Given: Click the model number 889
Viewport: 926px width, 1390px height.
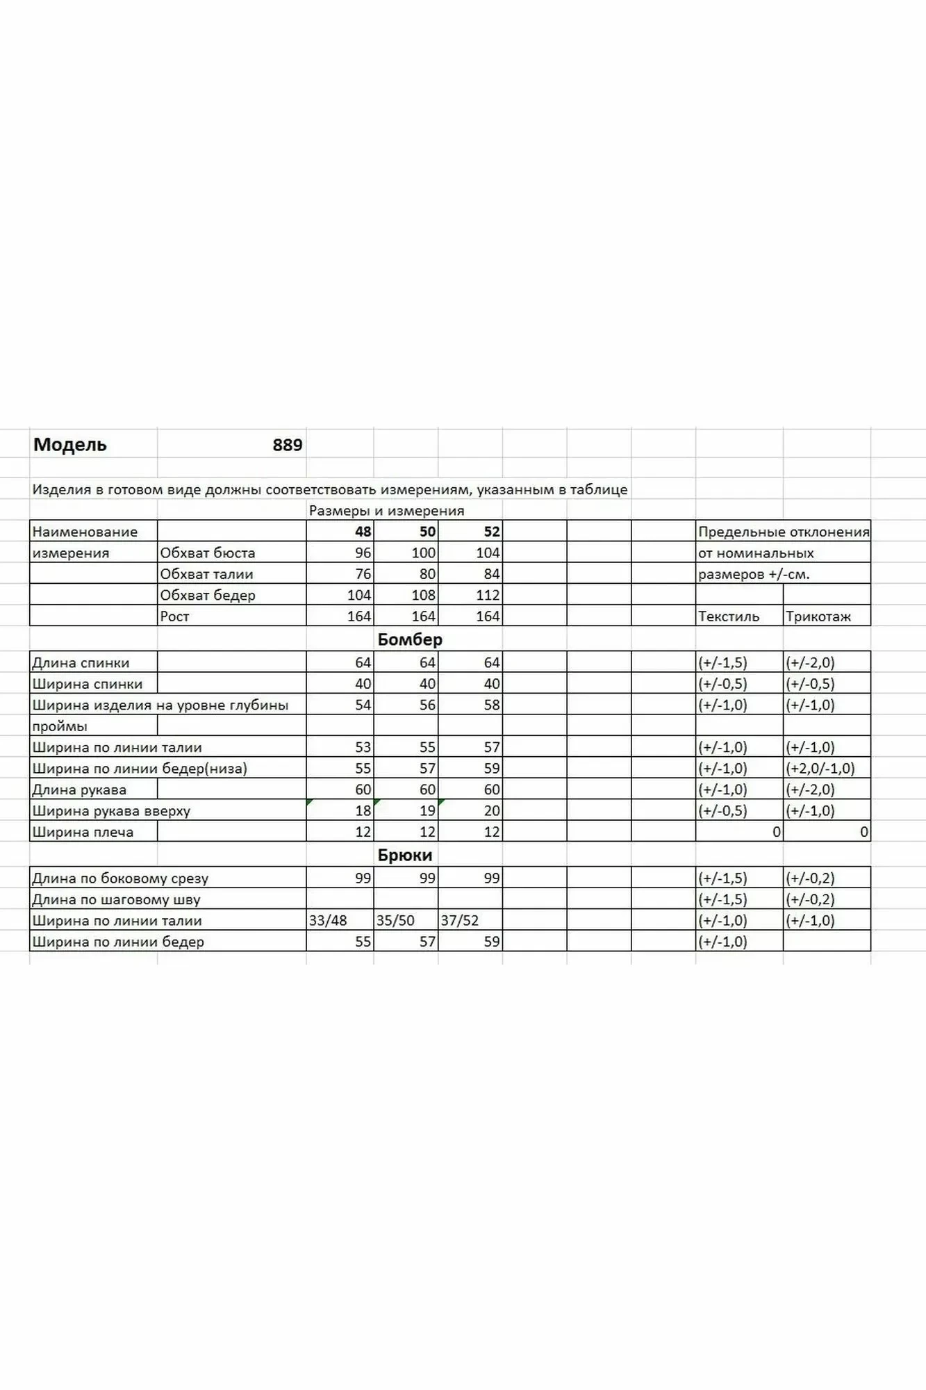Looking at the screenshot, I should [x=287, y=445].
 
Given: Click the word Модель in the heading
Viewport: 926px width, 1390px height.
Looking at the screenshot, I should [x=70, y=445].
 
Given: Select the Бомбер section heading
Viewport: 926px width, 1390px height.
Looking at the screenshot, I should [x=410, y=639].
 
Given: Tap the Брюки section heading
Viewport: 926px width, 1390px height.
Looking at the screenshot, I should [x=405, y=856].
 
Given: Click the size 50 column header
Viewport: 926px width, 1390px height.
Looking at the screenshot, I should [x=427, y=532].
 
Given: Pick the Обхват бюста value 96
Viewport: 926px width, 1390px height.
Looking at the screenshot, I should [x=363, y=553].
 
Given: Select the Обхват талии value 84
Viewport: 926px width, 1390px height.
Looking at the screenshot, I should [x=491, y=574].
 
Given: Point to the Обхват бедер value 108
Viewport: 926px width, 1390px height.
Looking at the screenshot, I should [x=424, y=596].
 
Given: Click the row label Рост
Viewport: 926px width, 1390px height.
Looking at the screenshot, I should [x=174, y=616].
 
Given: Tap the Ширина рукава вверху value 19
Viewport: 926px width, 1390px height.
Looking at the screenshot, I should [x=427, y=811].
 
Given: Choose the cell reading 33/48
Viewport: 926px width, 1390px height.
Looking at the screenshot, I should [x=328, y=921].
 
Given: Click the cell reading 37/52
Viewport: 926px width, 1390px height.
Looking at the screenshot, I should [x=460, y=921].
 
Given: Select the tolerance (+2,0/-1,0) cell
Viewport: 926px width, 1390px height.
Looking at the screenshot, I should [x=820, y=769].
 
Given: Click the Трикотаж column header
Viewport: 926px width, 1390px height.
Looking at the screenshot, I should [x=818, y=616].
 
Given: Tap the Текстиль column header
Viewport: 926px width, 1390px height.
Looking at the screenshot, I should [x=729, y=616].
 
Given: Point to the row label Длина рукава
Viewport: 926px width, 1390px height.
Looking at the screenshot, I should [x=79, y=790].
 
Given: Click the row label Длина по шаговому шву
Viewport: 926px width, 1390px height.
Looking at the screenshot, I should [x=116, y=900].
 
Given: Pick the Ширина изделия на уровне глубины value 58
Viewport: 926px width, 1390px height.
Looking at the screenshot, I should [x=491, y=705].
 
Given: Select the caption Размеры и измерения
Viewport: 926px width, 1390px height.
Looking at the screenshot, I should [x=386, y=511].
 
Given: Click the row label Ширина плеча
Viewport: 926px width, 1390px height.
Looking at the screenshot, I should [x=83, y=833].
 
